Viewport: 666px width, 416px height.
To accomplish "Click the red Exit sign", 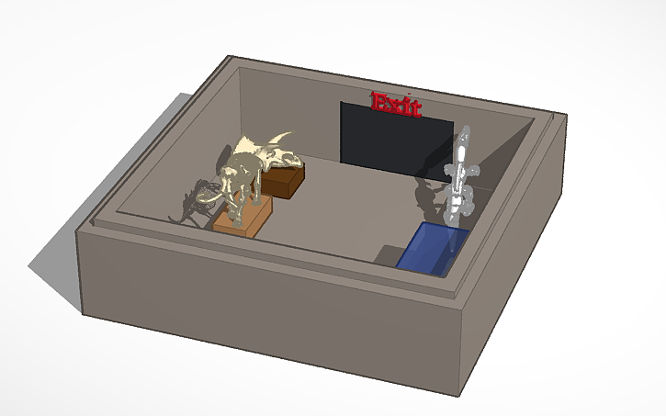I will tap(395, 103).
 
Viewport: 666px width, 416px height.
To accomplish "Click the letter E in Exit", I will tap(378, 101).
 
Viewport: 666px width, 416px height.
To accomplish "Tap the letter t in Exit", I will tap(414, 108).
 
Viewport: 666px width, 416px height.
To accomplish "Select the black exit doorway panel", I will tap(395, 138).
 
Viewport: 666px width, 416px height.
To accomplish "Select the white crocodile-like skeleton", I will tap(460, 179).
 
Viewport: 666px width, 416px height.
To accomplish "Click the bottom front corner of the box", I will tap(457, 395).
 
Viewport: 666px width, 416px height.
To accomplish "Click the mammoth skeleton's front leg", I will tap(236, 207).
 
